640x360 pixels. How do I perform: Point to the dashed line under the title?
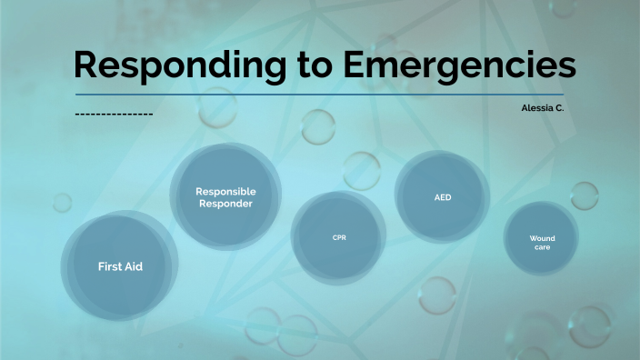[x=113, y=115]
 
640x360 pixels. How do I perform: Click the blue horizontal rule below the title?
[x=319, y=95]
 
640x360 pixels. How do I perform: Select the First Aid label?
[x=120, y=266]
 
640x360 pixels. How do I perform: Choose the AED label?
[x=443, y=196]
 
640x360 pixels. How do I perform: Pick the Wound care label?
[x=542, y=242]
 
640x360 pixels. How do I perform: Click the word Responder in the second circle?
[x=226, y=204]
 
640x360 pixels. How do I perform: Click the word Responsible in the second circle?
[x=226, y=191]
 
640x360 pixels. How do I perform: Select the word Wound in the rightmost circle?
[x=542, y=238]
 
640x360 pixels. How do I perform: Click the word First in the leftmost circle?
[x=109, y=266]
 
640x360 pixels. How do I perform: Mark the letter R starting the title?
[x=86, y=66]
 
